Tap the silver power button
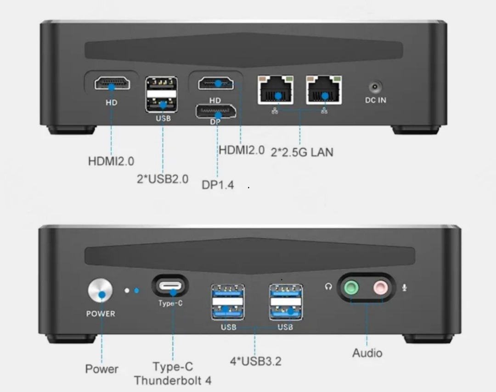tap(100, 290)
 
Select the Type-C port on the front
tap(170, 286)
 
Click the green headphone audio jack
tap(351, 288)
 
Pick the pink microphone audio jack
tap(381, 288)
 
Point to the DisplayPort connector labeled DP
tap(216, 111)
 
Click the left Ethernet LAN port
tap(276, 90)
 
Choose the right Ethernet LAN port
tap(324, 90)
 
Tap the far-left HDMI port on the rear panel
tap(112, 83)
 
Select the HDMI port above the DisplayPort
tap(216, 83)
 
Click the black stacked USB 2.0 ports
tap(161, 94)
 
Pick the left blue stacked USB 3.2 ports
tap(228, 302)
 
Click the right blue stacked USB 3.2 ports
tap(286, 302)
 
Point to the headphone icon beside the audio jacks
tap(328, 287)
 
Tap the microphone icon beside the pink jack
tap(404, 287)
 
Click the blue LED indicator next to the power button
tap(137, 290)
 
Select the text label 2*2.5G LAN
tap(302, 152)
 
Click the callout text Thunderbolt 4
tap(173, 381)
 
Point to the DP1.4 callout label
tap(218, 185)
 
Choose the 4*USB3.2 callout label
tap(256, 361)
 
